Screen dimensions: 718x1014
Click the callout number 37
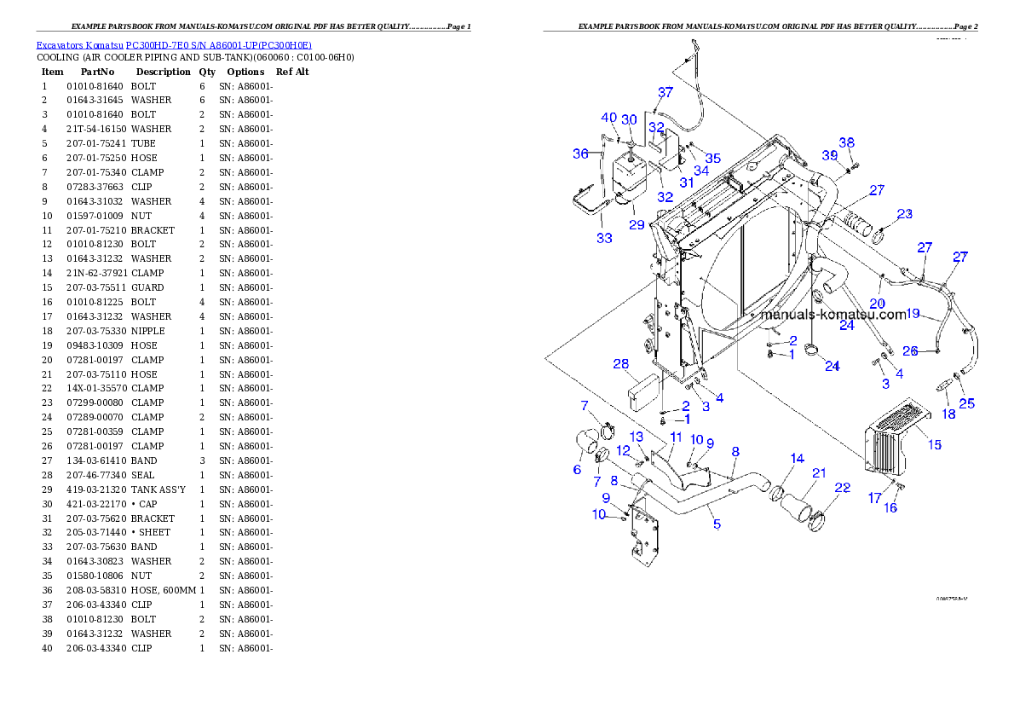665,91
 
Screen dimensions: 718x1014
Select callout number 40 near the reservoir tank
608,118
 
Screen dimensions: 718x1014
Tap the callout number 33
604,238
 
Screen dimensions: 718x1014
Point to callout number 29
637,225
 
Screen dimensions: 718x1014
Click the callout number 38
846,142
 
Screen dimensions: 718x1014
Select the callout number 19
913,314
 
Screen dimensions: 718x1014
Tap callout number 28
621,364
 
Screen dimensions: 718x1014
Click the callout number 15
935,444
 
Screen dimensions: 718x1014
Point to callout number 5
717,524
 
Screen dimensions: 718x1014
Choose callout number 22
842,488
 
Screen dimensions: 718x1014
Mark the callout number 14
797,459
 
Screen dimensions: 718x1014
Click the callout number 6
577,469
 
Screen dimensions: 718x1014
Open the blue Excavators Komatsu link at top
173,44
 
